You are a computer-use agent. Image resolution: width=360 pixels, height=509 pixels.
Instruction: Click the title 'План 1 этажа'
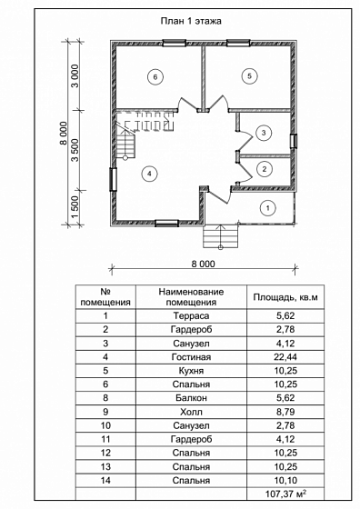(x=191, y=21)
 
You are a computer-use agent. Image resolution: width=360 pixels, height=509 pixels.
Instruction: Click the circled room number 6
(x=155, y=77)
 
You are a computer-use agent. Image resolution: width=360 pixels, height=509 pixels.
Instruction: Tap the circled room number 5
(x=249, y=76)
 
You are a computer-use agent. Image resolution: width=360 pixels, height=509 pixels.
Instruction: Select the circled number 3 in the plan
(x=264, y=133)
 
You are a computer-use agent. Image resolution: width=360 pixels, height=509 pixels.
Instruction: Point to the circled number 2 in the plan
(x=265, y=169)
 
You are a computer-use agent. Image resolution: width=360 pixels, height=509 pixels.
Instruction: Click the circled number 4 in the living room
(x=149, y=174)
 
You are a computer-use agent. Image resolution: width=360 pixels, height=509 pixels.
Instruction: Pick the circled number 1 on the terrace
(x=268, y=208)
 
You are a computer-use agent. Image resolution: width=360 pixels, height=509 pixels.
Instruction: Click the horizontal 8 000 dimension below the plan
(x=204, y=264)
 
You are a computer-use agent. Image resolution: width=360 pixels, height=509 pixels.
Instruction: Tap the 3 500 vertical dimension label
(x=75, y=150)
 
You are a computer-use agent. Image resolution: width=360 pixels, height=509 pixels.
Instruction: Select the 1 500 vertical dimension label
(x=75, y=208)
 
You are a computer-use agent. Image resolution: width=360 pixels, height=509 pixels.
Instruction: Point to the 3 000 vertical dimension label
(x=75, y=76)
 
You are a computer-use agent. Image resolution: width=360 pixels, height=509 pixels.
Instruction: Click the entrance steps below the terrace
(x=221, y=237)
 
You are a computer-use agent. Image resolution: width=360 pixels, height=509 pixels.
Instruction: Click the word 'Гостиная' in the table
(x=191, y=357)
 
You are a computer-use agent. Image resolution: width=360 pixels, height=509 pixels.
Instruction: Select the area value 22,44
(x=285, y=357)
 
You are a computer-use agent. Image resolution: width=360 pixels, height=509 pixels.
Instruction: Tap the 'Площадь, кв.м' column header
(x=285, y=297)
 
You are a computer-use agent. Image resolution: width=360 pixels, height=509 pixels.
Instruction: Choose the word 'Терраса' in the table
(x=191, y=316)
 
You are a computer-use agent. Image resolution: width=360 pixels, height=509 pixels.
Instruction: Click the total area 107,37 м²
(x=286, y=494)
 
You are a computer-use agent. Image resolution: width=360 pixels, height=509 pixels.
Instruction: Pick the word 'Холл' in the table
(x=191, y=412)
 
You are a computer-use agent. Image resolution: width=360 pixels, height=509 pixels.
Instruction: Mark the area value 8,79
(x=285, y=412)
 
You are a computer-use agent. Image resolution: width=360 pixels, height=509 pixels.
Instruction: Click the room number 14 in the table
(x=105, y=480)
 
